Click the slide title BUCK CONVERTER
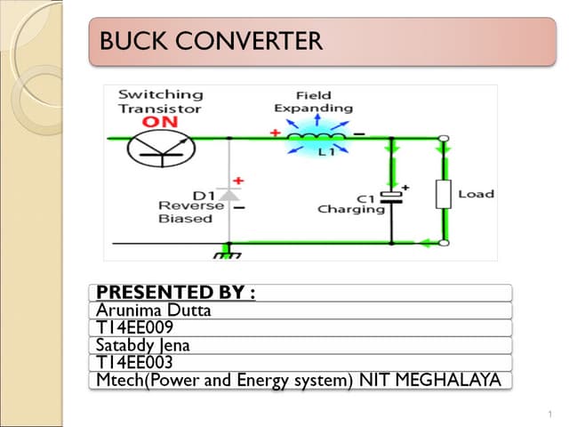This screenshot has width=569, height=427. click(x=212, y=41)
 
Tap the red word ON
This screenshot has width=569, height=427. click(x=160, y=121)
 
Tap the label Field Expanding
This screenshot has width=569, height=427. click(x=313, y=101)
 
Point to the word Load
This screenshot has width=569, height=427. click(x=476, y=194)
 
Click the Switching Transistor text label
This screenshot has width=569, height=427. click(x=160, y=101)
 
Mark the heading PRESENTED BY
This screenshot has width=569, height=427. click(x=175, y=293)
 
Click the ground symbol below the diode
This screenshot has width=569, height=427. click(x=228, y=254)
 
